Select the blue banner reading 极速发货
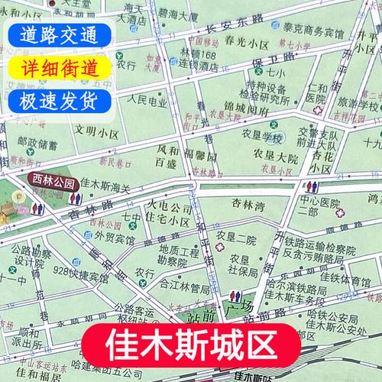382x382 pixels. point(54,100)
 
